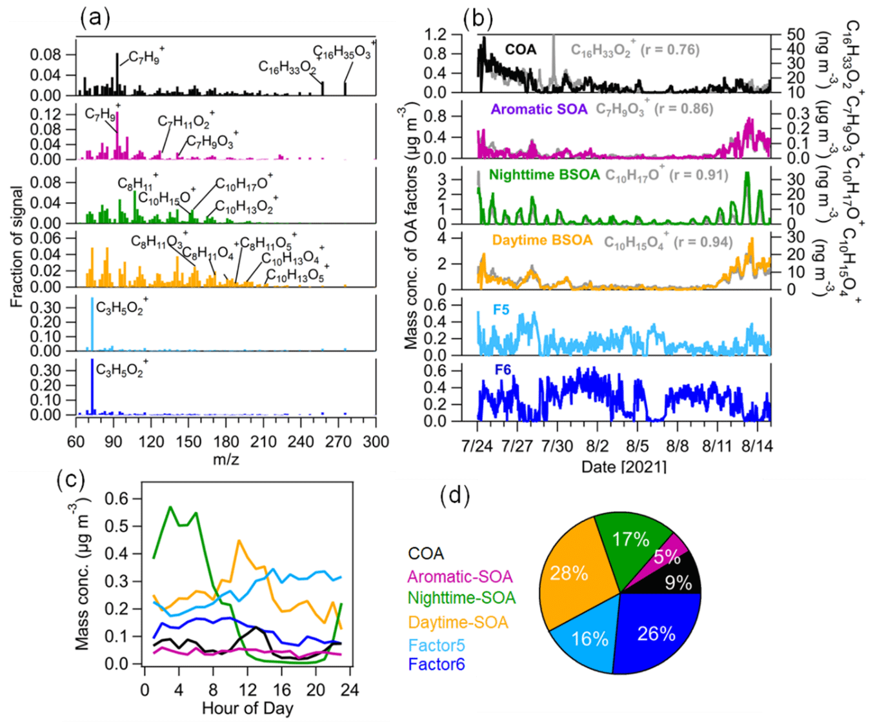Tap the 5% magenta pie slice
[666, 556]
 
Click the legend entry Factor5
[436, 645]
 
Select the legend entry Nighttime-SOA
[461, 598]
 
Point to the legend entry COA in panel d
[426, 553]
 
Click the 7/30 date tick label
[557, 446]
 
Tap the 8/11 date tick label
[717, 446]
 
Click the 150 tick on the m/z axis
[188, 441]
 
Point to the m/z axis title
[226, 460]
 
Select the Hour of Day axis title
[247, 708]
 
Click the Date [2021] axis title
[623, 466]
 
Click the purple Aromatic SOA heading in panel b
[539, 109]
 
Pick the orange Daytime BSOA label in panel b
[542, 241]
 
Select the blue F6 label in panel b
[503, 370]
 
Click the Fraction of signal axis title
[17, 247]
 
